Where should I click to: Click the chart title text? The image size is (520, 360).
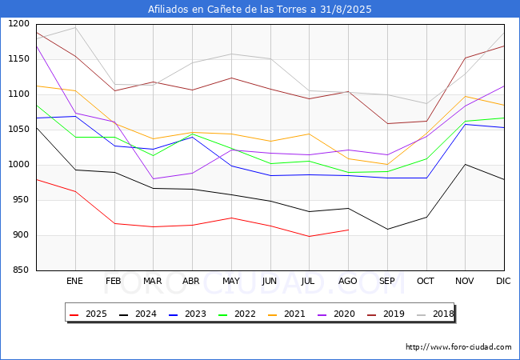pos(260,10)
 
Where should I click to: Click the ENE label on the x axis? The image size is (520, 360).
pos(75,281)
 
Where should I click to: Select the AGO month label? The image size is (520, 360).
pos(348,281)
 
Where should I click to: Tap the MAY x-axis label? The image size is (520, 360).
pos(231,281)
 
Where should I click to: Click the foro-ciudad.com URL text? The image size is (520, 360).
pos(458,347)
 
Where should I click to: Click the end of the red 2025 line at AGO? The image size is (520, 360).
pos(348,230)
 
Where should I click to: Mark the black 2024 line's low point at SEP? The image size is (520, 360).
pos(387,230)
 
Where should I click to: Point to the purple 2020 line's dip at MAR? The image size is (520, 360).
pos(153,179)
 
